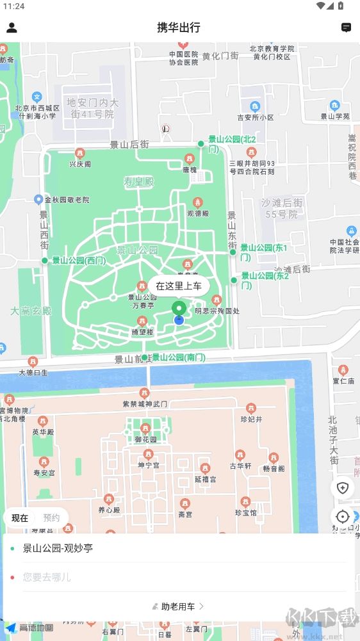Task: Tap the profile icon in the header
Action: coord(12,28)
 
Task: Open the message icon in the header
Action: coord(346,28)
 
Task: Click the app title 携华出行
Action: coord(179,28)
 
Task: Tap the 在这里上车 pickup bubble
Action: coord(179,286)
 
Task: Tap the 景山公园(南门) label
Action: coord(178,357)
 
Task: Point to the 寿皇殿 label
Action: coord(139,183)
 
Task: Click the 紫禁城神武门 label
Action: coord(145,404)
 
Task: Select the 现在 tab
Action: coord(20,518)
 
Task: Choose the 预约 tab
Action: coord(51,518)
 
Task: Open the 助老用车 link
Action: coord(179,606)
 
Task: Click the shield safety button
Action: coord(342,488)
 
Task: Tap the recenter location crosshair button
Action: coord(342,517)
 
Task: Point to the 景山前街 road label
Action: coord(130,359)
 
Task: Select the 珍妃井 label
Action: coord(252,419)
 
